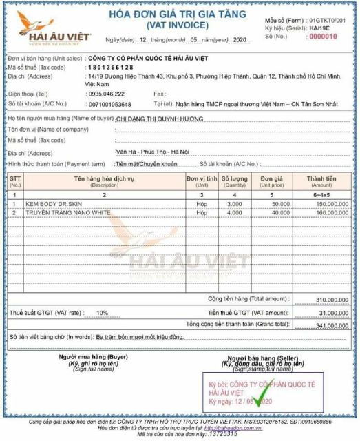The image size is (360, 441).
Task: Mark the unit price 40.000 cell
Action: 279,213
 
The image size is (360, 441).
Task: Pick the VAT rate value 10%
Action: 102,312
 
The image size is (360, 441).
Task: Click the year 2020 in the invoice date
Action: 240,41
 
